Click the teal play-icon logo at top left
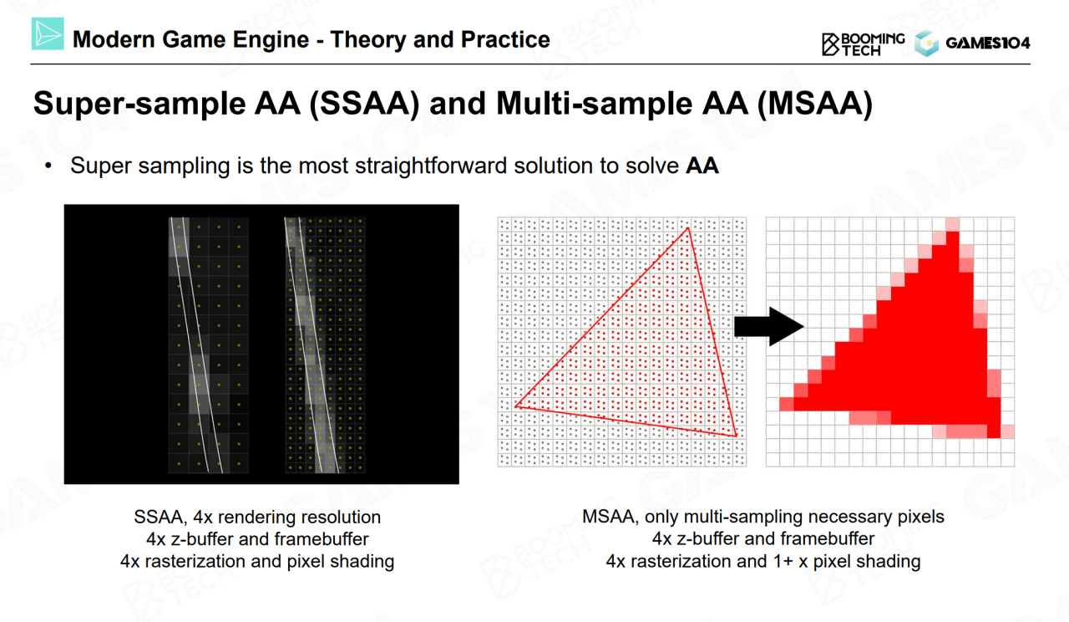click(x=48, y=33)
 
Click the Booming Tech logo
click(x=863, y=44)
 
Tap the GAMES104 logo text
click(x=988, y=43)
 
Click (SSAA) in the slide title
click(x=365, y=104)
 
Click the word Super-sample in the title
click(x=140, y=105)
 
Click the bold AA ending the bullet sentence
click(x=702, y=166)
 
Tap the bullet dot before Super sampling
click(x=48, y=166)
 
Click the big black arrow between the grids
click(x=769, y=327)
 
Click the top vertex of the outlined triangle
click(x=688, y=228)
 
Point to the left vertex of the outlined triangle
click(x=516, y=406)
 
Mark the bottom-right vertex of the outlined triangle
click(x=737, y=436)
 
